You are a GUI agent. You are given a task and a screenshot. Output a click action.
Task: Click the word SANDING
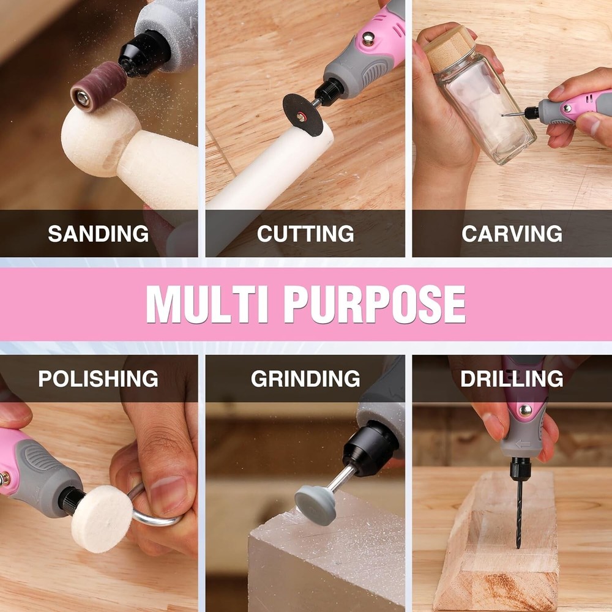99,234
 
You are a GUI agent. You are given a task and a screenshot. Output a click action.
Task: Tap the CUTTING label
305,234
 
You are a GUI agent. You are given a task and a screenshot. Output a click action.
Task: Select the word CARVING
512,234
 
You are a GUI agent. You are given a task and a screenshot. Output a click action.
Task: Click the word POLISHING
98,379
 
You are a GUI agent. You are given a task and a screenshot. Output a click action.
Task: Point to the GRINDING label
305,379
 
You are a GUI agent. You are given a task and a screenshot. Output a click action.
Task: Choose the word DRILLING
512,379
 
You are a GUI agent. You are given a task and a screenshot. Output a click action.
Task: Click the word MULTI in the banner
207,304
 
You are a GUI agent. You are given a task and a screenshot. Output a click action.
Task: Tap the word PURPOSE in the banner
375,304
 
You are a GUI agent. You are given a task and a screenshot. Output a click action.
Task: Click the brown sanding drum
99,87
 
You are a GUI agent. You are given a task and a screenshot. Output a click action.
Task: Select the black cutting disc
303,115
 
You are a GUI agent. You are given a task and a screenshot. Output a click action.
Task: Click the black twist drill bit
518,513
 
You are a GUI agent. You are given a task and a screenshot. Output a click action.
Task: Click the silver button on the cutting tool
368,38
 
